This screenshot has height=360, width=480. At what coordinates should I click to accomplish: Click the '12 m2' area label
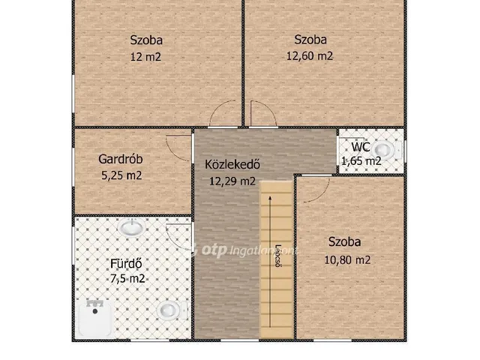click(147, 56)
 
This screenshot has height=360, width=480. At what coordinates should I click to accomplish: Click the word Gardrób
click(120, 159)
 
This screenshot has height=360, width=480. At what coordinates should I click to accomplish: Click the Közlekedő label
click(232, 164)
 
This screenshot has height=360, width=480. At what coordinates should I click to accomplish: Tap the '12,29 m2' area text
click(232, 181)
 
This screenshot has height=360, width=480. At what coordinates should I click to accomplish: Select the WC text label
click(361, 147)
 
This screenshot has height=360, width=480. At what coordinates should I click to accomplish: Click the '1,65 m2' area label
click(361, 160)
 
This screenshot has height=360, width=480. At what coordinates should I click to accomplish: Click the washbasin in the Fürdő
click(134, 226)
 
